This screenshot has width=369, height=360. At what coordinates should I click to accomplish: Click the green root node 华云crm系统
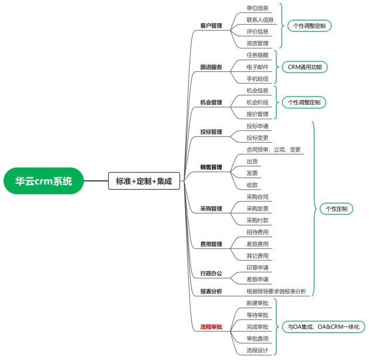click(43, 181)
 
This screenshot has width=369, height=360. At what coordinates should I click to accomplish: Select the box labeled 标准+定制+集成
click(144, 181)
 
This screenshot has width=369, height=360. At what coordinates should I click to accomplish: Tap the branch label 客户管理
click(211, 26)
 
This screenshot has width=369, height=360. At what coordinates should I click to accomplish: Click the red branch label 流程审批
click(211, 327)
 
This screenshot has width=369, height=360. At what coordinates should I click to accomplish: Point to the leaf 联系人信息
click(260, 20)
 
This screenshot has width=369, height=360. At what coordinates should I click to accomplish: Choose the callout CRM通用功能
click(305, 67)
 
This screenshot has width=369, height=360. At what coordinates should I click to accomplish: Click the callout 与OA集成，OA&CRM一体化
click(323, 327)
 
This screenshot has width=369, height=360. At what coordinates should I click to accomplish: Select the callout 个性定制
click(337, 209)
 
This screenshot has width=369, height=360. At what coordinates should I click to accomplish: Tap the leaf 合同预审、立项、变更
click(274, 150)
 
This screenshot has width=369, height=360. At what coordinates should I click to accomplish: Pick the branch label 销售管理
click(211, 167)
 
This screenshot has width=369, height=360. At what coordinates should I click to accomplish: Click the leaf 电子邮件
click(258, 67)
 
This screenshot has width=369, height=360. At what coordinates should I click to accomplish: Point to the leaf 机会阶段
click(258, 102)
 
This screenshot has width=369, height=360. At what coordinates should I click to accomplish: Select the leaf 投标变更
click(258, 138)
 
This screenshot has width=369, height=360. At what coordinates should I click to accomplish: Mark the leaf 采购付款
click(258, 221)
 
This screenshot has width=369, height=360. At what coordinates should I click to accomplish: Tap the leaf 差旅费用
click(258, 244)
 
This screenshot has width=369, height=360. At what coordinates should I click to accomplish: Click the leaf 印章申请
click(258, 268)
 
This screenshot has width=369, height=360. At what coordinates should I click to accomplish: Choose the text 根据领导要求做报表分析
click(276, 292)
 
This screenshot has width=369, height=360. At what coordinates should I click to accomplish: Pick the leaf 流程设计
click(258, 351)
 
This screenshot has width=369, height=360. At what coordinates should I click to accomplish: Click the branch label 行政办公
click(211, 273)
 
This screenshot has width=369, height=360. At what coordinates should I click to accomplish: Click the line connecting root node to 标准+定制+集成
click(96, 181)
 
